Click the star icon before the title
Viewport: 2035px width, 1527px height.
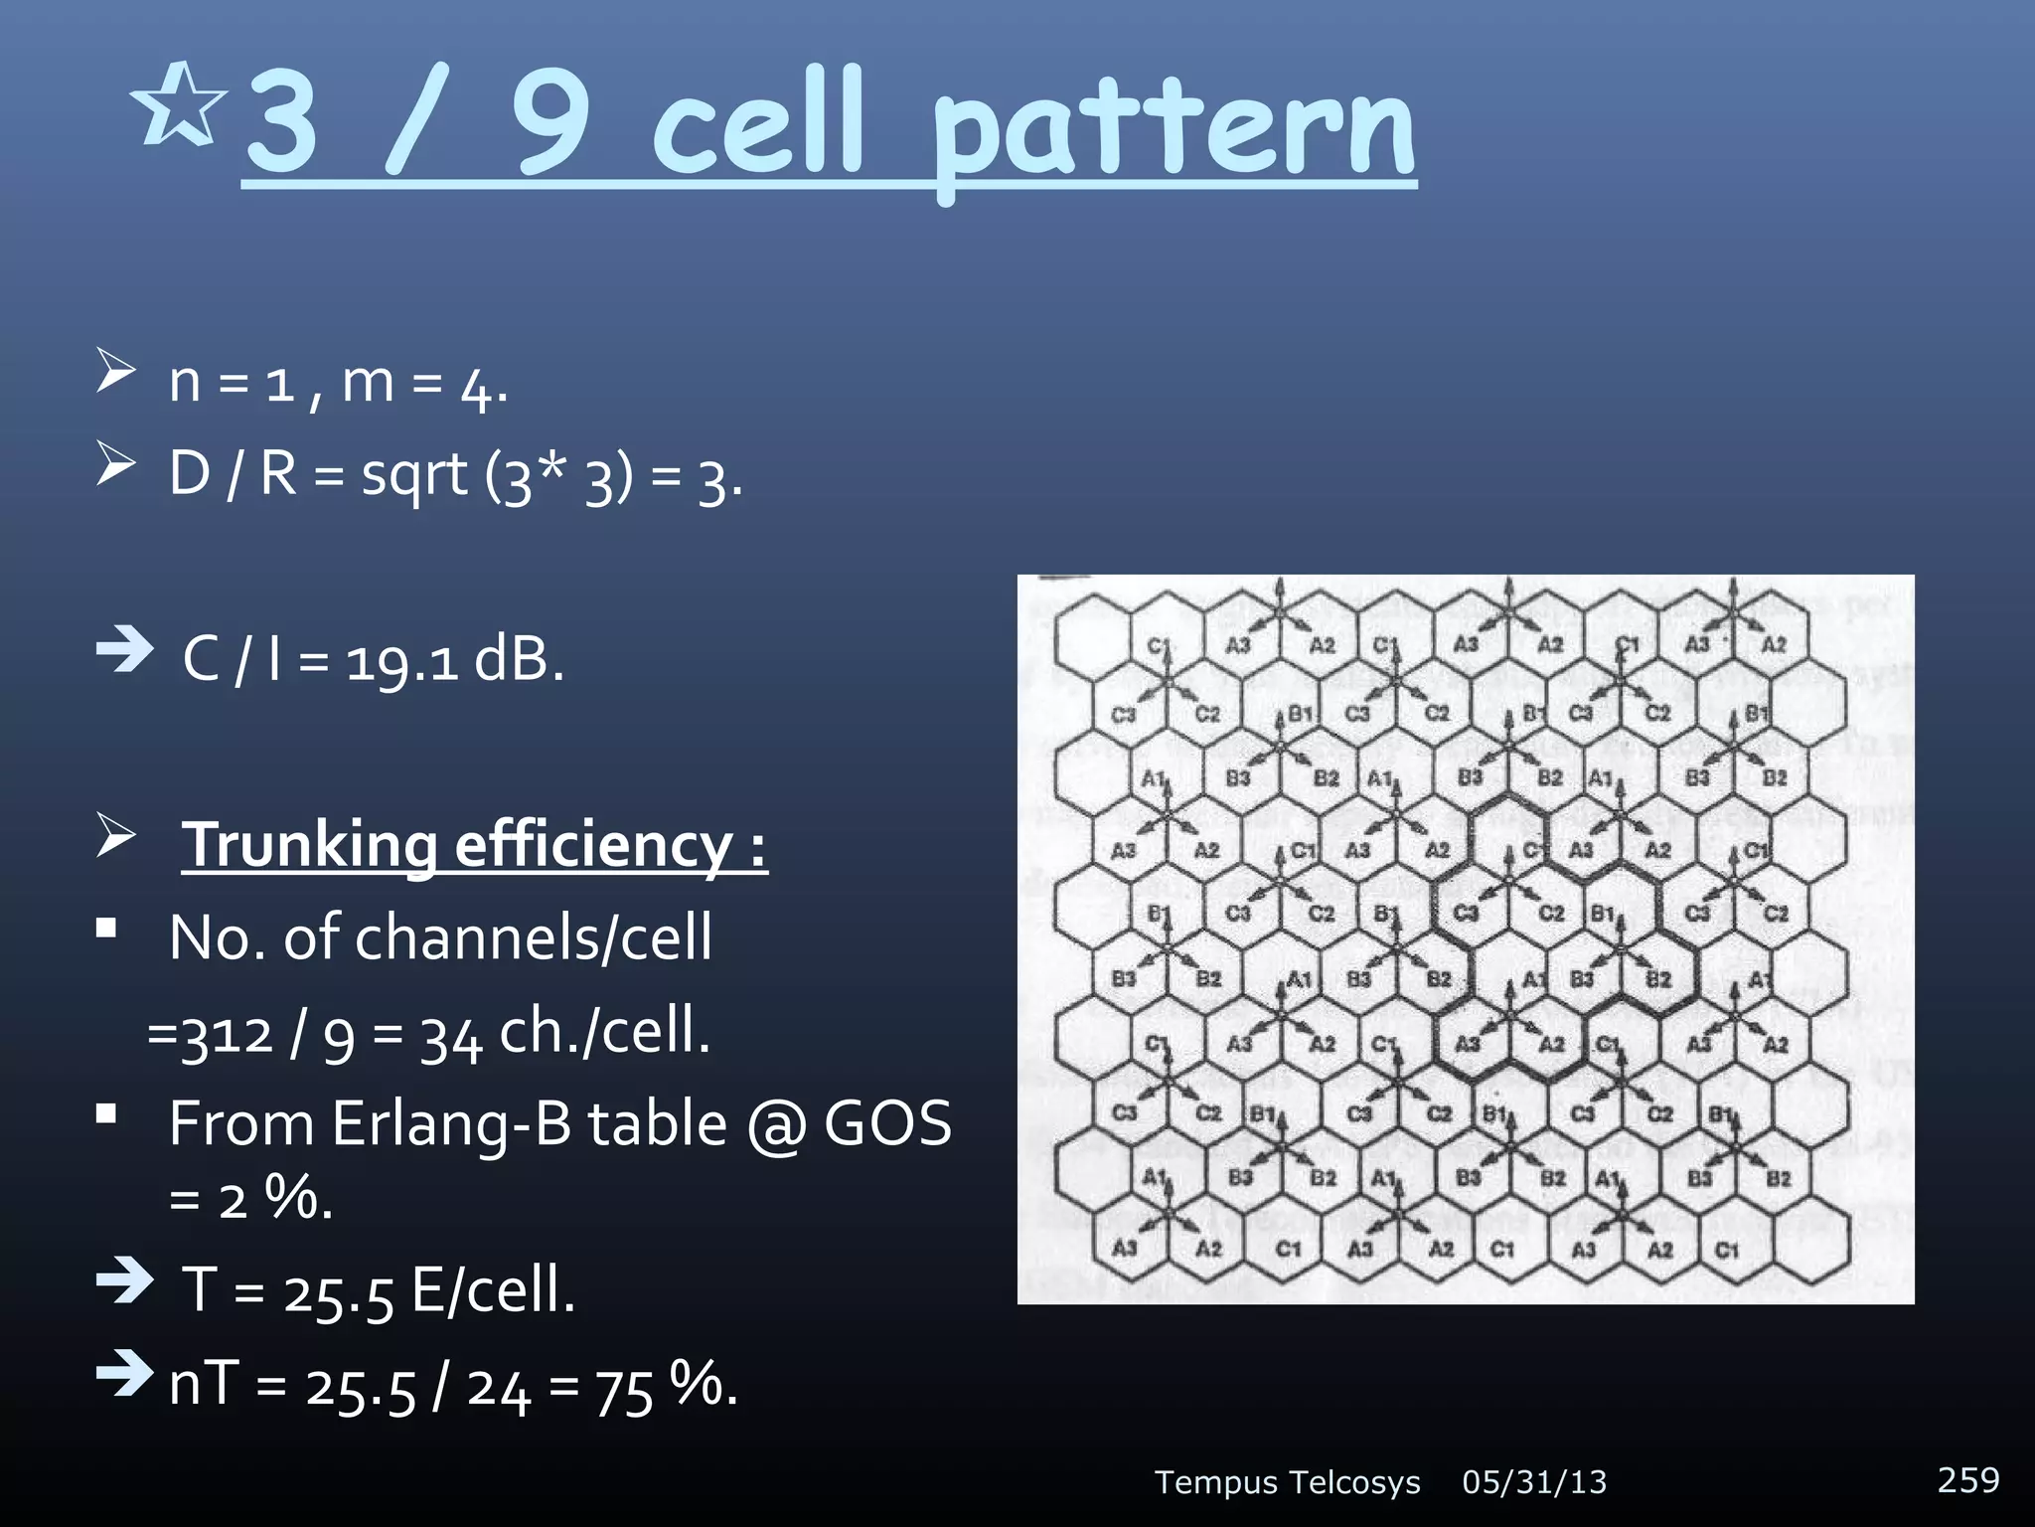179,105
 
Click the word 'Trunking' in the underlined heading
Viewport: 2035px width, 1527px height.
309,846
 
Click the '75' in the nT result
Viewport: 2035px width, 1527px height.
624,1390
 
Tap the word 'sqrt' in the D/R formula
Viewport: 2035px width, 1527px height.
413,475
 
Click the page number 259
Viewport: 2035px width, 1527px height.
1967,1480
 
